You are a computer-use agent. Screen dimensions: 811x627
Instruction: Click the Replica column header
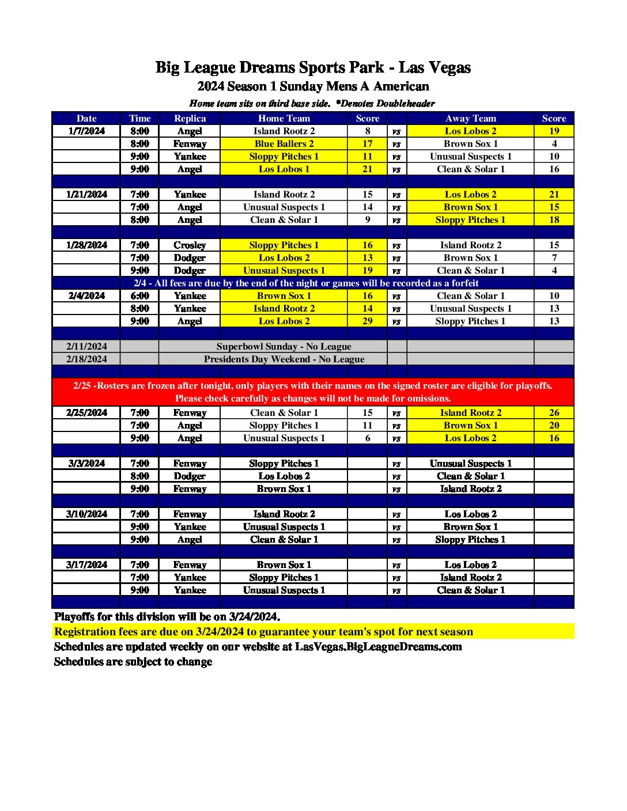tap(190, 119)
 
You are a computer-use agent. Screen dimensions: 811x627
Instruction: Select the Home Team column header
tap(284, 119)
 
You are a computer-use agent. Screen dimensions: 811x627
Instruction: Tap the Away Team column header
tap(470, 119)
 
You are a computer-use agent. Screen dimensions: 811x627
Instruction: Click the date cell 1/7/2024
tap(86, 131)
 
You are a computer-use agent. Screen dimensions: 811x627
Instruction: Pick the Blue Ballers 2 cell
tap(284, 144)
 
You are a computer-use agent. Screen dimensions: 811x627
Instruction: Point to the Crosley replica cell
tap(190, 245)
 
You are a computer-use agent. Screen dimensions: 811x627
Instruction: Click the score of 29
tap(368, 321)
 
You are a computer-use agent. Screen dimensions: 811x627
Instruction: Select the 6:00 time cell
tap(139, 296)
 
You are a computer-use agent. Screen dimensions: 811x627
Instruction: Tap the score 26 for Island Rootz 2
tap(554, 413)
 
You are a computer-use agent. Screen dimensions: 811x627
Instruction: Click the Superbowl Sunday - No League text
tap(284, 347)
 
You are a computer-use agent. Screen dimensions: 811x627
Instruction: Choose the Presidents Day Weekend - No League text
tap(284, 359)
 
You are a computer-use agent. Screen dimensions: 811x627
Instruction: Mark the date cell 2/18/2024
tap(86, 359)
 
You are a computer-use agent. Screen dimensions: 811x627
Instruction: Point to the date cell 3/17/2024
tap(86, 565)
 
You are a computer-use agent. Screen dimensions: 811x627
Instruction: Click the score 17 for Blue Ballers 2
tap(368, 144)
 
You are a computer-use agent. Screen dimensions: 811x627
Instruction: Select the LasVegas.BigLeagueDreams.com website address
tap(378, 647)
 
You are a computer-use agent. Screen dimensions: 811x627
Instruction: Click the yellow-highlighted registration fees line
tap(263, 632)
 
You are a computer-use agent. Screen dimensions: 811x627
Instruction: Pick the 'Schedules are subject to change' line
tap(133, 662)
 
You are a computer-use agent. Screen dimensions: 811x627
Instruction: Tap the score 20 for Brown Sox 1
tap(554, 426)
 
